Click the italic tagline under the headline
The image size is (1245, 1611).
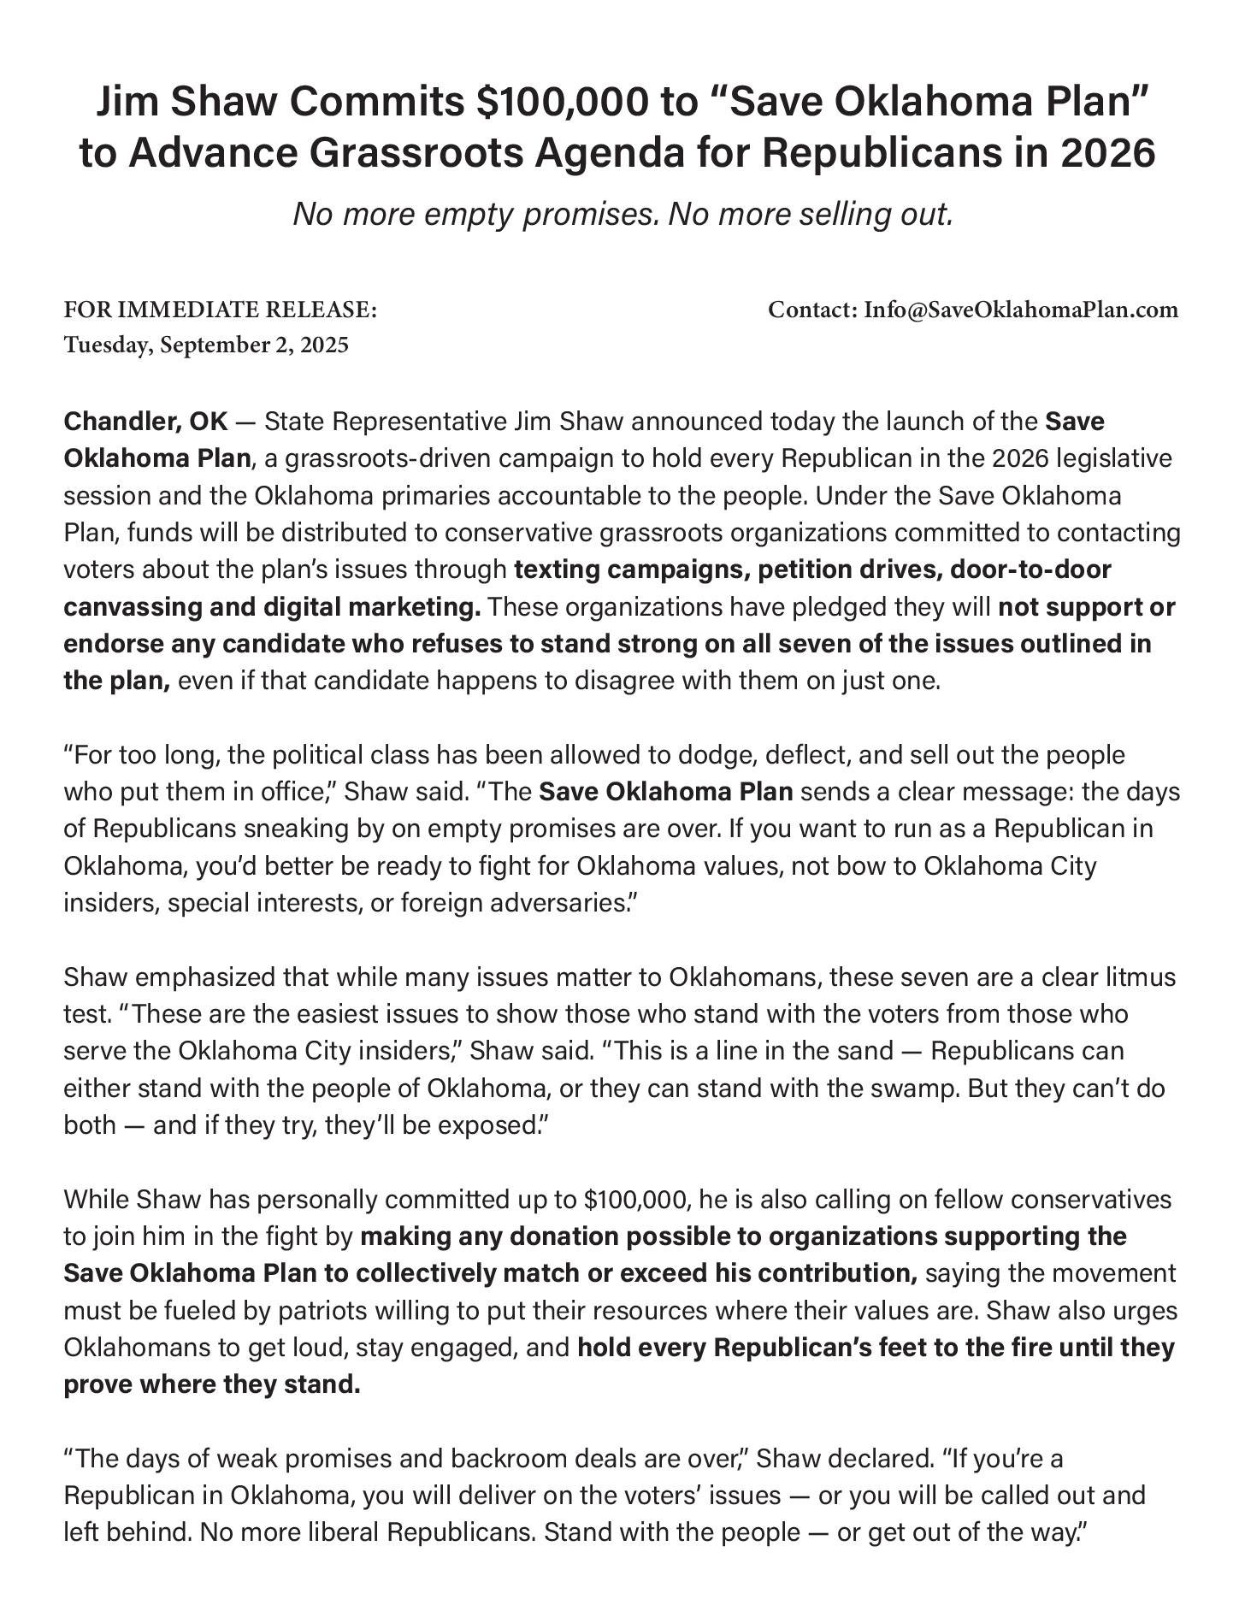(622, 214)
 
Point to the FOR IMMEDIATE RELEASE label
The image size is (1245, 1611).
(220, 310)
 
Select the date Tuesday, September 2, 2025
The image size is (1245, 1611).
(206, 345)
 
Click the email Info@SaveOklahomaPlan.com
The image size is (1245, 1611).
(1021, 310)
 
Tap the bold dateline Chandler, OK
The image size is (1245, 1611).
(145, 422)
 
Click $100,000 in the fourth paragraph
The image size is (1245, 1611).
(636, 1200)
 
